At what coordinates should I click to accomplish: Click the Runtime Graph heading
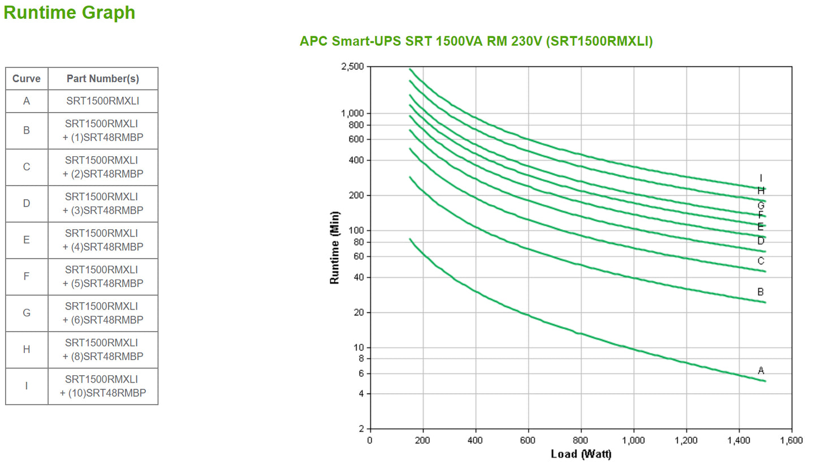click(x=70, y=12)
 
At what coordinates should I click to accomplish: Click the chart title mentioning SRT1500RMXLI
click(x=476, y=41)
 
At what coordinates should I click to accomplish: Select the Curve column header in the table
click(x=27, y=79)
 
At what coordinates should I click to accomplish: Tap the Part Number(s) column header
click(x=103, y=79)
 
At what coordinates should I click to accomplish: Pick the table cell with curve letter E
click(x=27, y=240)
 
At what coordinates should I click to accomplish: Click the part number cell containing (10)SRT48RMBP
click(x=103, y=386)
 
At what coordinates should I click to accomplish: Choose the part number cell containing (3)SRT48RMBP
click(x=103, y=204)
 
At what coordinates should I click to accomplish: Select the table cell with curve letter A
click(x=27, y=101)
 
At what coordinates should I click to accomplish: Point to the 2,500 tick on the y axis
click(x=353, y=67)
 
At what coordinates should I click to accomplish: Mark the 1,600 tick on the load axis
click(x=790, y=441)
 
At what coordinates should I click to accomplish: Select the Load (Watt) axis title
click(x=581, y=454)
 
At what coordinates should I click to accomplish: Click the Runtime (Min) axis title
click(x=335, y=247)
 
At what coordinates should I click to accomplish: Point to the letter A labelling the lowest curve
click(x=761, y=371)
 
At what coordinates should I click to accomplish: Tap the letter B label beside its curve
click(x=761, y=292)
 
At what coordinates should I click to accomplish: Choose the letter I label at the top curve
click(x=761, y=178)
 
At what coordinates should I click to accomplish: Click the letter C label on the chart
click(x=761, y=261)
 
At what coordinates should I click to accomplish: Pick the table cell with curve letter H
click(x=27, y=350)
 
